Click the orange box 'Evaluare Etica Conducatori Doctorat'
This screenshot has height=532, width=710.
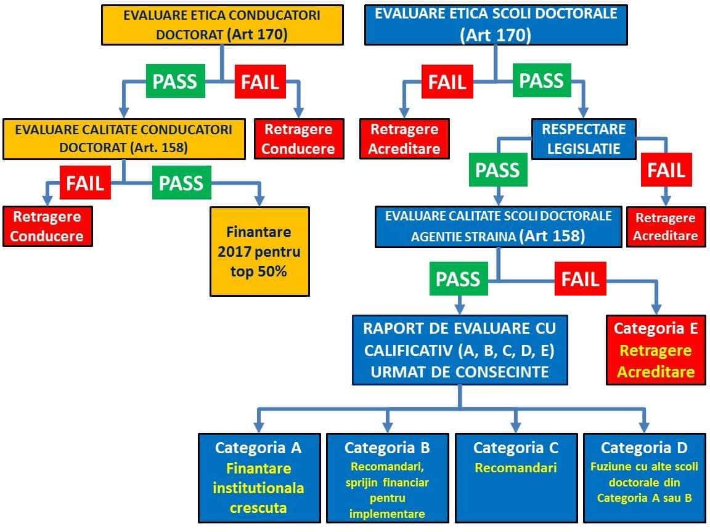pyautogui.click(x=222, y=25)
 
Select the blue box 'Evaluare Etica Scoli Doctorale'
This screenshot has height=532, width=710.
pyautogui.click(x=496, y=25)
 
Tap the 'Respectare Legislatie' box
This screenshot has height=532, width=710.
pyautogui.click(x=584, y=139)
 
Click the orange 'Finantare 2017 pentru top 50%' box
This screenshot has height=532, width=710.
pyautogui.click(x=259, y=251)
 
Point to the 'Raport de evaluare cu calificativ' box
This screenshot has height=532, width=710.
pyautogui.click(x=460, y=350)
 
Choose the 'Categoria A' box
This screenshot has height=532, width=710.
pyautogui.click(x=259, y=478)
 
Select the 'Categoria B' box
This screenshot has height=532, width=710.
pyautogui.click(x=387, y=478)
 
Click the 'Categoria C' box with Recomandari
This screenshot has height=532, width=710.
pyautogui.click(x=516, y=478)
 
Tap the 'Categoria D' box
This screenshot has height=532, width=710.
pyautogui.click(x=644, y=478)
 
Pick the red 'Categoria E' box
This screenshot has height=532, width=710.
pyautogui.click(x=656, y=350)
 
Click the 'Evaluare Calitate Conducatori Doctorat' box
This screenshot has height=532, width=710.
pyautogui.click(x=124, y=139)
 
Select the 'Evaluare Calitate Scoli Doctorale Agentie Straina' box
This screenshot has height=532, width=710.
pyautogui.click(x=498, y=227)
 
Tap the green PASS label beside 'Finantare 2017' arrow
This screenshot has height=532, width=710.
pyautogui.click(x=182, y=183)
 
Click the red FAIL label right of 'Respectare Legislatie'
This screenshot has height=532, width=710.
pyautogui.click(x=666, y=170)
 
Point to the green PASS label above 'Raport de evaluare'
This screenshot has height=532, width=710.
pyautogui.click(x=459, y=279)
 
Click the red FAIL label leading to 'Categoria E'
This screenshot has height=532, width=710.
pyautogui.click(x=581, y=279)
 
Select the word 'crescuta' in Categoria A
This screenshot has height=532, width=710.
pyautogui.click(x=258, y=508)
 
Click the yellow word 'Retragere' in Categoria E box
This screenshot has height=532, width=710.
pyautogui.click(x=656, y=350)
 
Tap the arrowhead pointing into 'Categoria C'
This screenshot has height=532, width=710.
pyautogui.click(x=515, y=427)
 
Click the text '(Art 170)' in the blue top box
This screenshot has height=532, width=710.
pyautogui.click(x=496, y=35)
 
